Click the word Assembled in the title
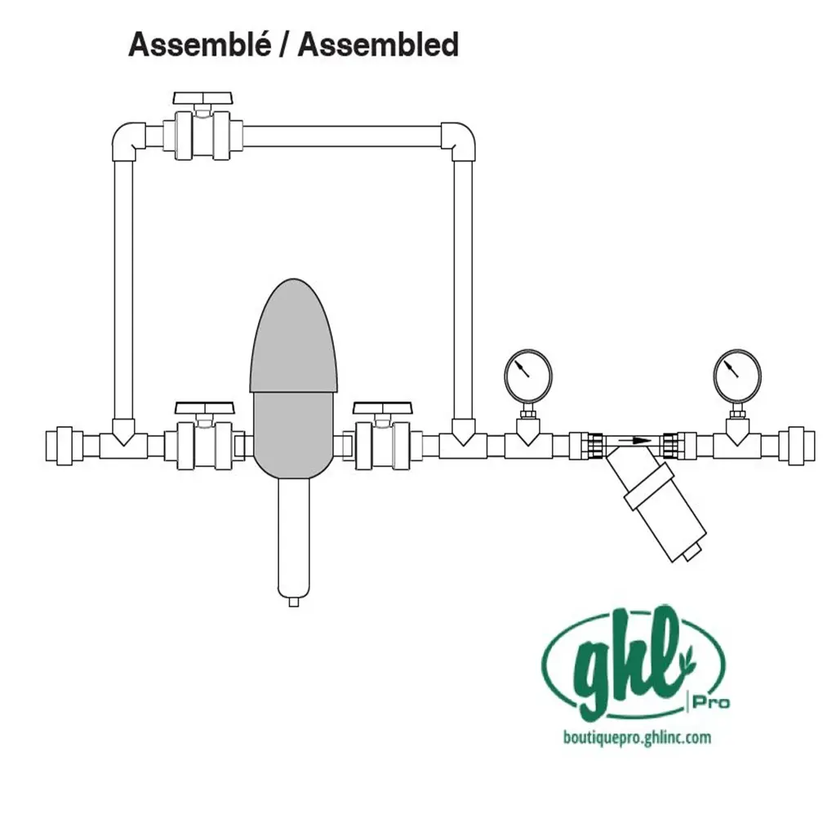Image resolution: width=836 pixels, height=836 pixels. click(x=379, y=44)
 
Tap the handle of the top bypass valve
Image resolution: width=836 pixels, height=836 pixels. click(x=203, y=98)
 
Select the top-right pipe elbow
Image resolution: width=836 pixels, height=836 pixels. click(x=458, y=140)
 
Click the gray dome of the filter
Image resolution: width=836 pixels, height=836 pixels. click(x=293, y=336)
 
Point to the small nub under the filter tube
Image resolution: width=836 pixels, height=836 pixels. click(x=293, y=603)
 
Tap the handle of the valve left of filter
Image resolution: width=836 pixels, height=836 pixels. click(x=205, y=408)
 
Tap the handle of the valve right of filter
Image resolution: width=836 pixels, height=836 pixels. click(x=383, y=408)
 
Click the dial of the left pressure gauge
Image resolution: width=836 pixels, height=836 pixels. click(x=528, y=376)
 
